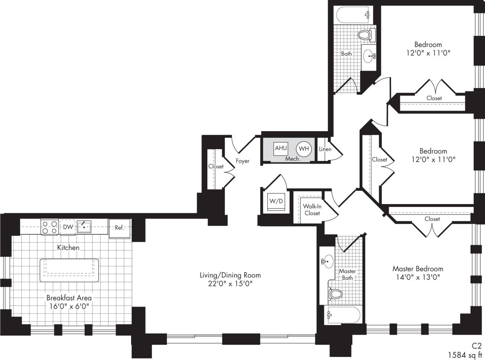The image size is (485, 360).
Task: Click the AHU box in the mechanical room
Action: pos(281,148)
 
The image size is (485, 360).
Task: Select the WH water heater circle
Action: pos(304,149)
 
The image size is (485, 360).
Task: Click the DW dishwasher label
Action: pos(68,227)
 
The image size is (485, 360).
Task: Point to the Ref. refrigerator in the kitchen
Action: pos(120,228)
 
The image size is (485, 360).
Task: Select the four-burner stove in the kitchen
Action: pos(50,227)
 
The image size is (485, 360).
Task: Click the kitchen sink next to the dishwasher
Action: pos(84,227)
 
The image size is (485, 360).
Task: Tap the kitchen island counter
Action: pos(69,270)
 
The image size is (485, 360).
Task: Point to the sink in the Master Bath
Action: pos(327,262)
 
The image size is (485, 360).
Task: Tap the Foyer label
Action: pos(243,161)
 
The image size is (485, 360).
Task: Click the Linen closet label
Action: pos(325,149)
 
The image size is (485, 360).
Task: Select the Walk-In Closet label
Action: pos(312,209)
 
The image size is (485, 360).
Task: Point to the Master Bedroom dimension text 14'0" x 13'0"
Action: pos(418,278)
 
